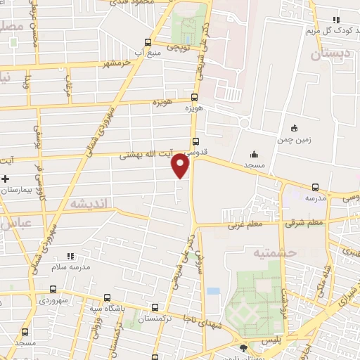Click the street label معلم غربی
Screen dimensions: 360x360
point(243,226)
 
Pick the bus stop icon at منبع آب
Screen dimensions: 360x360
point(146,41)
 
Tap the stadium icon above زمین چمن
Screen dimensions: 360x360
point(294,129)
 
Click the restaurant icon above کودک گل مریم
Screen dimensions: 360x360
point(336,20)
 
